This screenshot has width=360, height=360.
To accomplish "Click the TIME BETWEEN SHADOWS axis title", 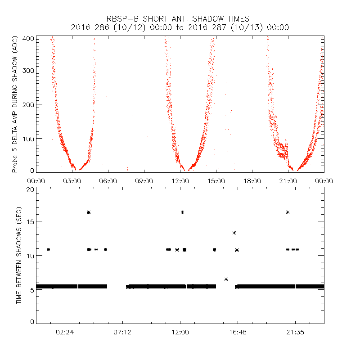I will click(19, 256).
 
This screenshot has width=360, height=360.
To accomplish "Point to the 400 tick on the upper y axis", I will click(28, 38).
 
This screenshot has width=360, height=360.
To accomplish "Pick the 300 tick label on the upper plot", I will click(28, 71).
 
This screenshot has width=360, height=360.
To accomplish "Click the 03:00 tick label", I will click(72, 181).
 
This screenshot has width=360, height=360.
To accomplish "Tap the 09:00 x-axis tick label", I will click(144, 181).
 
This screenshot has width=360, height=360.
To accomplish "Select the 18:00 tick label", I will click(252, 181).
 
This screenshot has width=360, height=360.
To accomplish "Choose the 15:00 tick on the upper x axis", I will click(216, 181).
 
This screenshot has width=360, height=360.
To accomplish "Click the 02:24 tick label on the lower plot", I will click(65, 332).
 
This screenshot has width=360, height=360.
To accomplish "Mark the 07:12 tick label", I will click(122, 332).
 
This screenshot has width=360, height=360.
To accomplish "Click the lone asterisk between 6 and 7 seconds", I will click(226, 279).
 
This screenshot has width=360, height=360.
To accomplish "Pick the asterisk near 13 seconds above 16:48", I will click(234, 233).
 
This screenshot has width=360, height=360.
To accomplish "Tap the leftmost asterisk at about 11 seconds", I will click(48, 249).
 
